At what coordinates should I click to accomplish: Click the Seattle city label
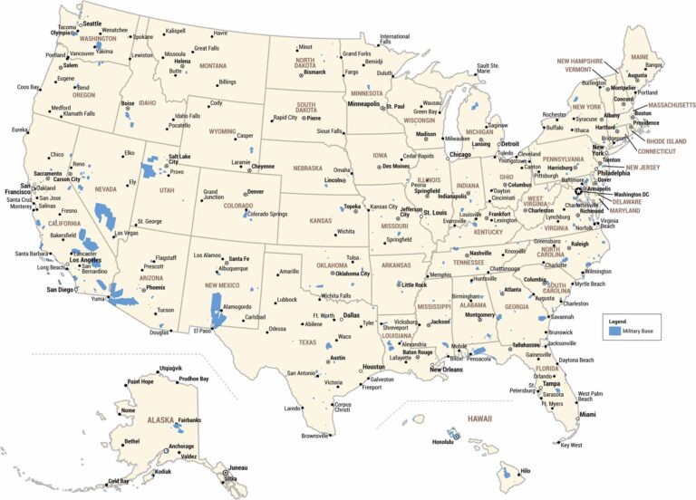[92, 22]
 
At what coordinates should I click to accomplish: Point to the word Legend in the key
[617, 322]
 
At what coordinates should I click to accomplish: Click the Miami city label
[588, 414]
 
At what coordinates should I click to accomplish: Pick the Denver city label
[256, 192]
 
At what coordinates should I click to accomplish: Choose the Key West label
[571, 445]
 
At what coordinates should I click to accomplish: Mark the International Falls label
[394, 40]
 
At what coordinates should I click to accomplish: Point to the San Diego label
[62, 290]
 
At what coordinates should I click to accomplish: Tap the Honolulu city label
[442, 442]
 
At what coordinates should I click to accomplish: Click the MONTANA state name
[213, 65]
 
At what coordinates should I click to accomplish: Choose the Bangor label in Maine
[654, 65]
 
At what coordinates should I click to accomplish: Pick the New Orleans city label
[447, 370]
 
